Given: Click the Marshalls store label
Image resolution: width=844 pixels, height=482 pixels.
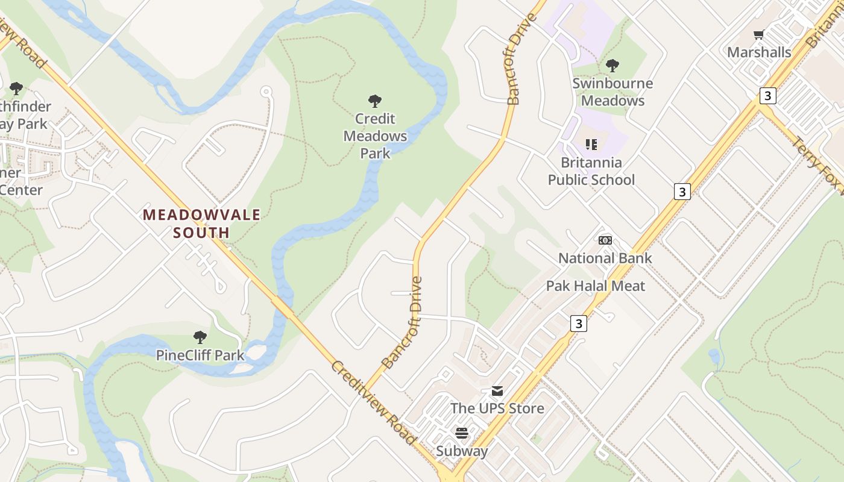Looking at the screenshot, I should click(758, 52).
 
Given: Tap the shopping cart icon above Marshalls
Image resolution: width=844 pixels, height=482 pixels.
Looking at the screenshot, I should click(759, 35).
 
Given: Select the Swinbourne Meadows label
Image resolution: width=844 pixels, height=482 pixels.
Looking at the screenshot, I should click(613, 92).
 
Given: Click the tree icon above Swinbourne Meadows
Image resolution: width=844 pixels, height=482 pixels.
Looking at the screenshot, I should click(613, 65).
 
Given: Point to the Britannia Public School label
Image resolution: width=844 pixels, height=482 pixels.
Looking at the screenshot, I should click(591, 171).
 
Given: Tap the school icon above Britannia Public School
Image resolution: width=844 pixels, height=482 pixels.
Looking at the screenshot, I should click(591, 145).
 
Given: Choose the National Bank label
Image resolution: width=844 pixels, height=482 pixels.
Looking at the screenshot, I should click(605, 258).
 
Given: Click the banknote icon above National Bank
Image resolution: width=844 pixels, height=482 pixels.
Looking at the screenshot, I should click(605, 241).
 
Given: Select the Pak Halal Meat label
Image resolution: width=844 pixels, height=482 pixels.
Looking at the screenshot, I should click(595, 286).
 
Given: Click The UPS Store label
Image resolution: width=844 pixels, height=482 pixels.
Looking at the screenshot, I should click(497, 408).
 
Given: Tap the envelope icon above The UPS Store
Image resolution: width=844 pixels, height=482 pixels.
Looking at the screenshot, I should click(497, 391).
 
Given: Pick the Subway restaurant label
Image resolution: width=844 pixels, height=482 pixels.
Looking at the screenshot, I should click(462, 451).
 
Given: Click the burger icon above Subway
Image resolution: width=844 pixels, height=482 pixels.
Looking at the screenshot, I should click(462, 433).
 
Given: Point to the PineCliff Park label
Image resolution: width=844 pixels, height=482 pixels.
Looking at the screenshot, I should click(200, 355).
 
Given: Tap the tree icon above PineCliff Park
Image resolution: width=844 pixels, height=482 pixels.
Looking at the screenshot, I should click(200, 337).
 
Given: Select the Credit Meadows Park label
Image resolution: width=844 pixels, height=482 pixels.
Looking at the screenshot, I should click(375, 136).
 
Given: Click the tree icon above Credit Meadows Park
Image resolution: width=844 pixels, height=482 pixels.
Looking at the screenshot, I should click(375, 101).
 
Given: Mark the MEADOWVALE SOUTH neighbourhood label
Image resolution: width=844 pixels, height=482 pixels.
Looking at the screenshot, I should click(201, 224).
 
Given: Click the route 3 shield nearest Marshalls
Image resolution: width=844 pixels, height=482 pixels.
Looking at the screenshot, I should click(767, 95).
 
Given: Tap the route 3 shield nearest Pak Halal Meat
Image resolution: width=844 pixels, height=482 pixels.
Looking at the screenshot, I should click(578, 324).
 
